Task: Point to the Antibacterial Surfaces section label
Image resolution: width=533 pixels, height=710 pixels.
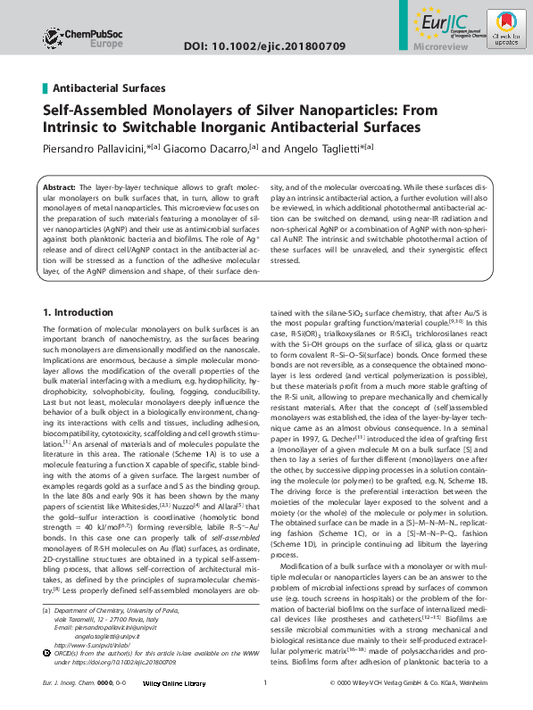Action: coord(109,88)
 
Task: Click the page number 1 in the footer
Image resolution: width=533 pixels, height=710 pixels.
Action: coord(265,696)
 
